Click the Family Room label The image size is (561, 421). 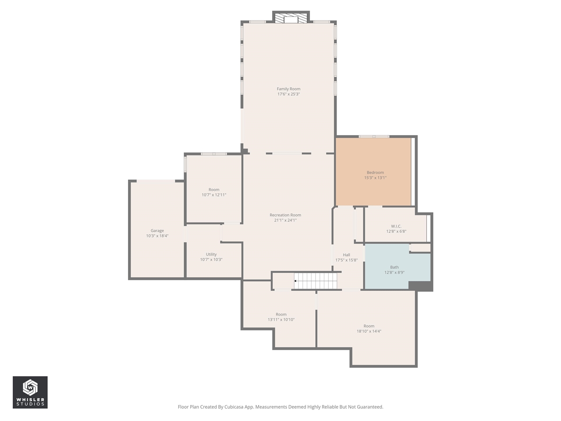coord(288,89)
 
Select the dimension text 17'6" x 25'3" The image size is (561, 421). coord(288,94)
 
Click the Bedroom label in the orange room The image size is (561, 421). coord(375,172)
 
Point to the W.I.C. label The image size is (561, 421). coord(396,226)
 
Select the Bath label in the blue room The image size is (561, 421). coord(394,267)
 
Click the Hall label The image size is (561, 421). coord(347,255)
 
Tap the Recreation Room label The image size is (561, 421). coord(285,215)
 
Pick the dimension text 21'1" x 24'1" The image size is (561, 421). coord(285,221)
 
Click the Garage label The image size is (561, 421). coord(157,231)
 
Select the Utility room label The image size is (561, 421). coord(211,254)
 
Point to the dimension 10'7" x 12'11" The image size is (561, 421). coord(214,195)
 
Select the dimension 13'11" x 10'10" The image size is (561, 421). coord(281,320)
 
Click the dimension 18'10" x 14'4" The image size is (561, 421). coord(369,332)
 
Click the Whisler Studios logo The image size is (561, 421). coord(30,392)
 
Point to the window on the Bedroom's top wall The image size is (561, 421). coord(374,136)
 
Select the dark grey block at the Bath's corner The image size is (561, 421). coord(420,286)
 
